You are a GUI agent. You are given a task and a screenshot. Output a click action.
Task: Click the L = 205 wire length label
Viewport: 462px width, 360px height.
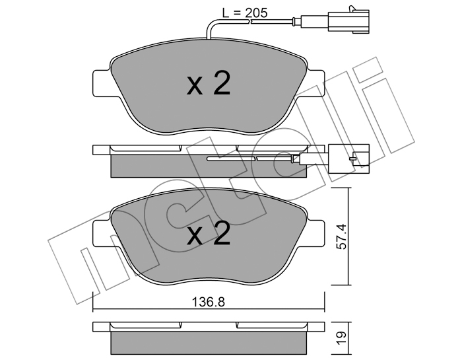click(245, 13)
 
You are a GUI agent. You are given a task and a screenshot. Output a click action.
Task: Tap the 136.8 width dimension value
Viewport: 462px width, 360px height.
click(209, 302)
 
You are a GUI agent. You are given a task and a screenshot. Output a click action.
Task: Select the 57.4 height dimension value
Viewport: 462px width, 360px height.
click(342, 236)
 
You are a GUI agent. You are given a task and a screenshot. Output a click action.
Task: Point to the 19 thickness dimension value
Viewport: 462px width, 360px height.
click(341, 338)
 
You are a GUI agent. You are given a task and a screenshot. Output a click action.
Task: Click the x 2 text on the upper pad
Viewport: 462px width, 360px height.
click(209, 84)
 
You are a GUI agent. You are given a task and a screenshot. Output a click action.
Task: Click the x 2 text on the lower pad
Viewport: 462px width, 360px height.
click(209, 233)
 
